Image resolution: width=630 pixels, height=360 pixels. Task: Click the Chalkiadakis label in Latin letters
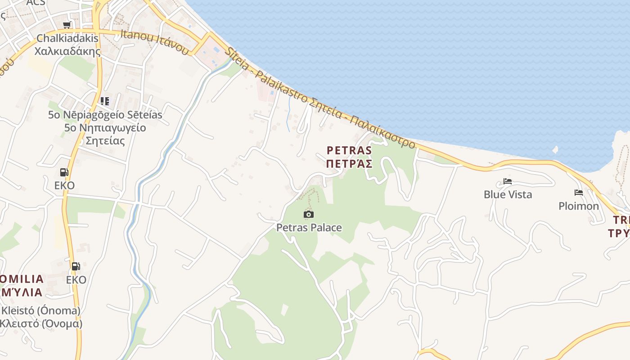click(67, 38)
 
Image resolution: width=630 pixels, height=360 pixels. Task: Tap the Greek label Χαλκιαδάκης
click(67, 51)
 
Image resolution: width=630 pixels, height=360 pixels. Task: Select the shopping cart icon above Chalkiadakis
click(67, 25)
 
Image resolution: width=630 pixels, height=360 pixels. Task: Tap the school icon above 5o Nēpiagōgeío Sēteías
click(105, 101)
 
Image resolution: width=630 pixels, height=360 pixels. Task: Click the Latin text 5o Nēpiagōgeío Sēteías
click(105, 115)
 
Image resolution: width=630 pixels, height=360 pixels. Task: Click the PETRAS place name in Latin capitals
click(349, 150)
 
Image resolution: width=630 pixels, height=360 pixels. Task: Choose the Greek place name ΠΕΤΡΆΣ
click(349, 163)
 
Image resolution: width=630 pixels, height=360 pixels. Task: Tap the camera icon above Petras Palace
click(309, 214)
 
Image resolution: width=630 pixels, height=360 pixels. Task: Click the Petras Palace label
click(309, 228)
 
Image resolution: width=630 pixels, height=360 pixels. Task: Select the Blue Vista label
click(508, 194)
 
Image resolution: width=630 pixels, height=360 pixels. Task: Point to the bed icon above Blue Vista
click(508, 181)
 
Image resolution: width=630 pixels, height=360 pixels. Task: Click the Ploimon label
click(579, 206)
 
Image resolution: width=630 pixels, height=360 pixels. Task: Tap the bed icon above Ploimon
click(579, 193)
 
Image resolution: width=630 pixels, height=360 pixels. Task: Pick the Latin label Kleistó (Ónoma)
click(40, 310)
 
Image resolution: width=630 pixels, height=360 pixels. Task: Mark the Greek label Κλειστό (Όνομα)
click(40, 324)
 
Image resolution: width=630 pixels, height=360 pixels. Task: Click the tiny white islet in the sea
click(555, 149)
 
